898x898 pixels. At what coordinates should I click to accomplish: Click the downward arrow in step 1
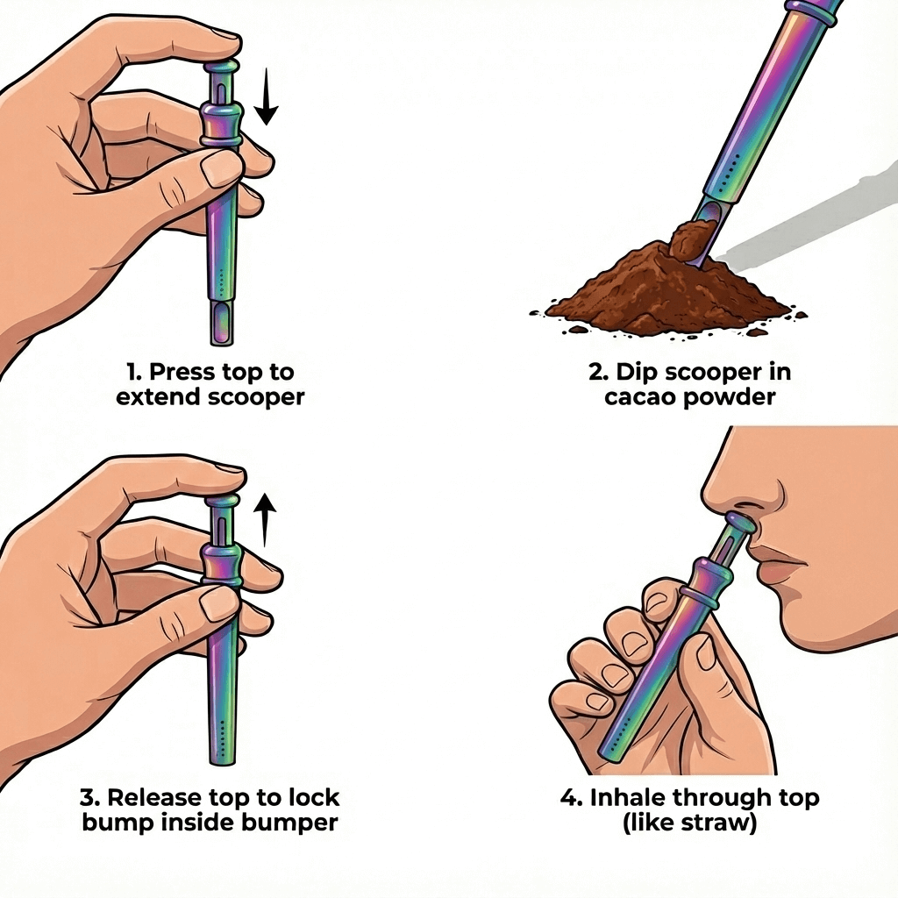click(266, 98)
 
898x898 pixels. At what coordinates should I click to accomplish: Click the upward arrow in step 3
click(265, 520)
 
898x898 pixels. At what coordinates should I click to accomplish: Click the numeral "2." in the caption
click(598, 372)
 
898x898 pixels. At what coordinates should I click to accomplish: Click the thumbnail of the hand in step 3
click(220, 602)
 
